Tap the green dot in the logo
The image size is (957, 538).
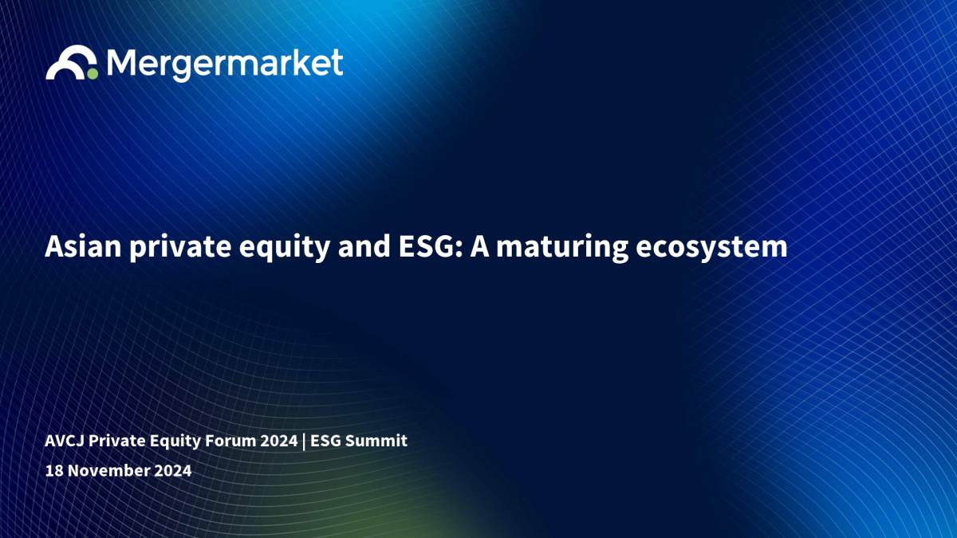pyautogui.click(x=93, y=74)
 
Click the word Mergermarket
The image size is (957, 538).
pyautogui.click(x=225, y=65)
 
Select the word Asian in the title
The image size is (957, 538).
pyautogui.click(x=83, y=246)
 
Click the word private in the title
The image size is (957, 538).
pyautogui.click(x=180, y=248)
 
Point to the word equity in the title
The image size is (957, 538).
pyautogui.click(x=285, y=248)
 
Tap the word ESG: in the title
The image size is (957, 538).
pyautogui.click(x=431, y=246)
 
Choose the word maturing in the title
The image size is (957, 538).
pyautogui.click(x=562, y=248)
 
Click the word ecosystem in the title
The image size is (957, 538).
pyautogui.click(x=711, y=248)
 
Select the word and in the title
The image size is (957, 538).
pyautogui.click(x=364, y=246)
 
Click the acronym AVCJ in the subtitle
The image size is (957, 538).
pyautogui.click(x=65, y=441)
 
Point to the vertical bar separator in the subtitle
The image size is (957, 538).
pyautogui.click(x=304, y=442)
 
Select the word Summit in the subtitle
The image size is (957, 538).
pyautogui.click(x=376, y=441)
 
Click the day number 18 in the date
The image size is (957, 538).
pyautogui.click(x=54, y=470)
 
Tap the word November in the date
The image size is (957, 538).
pyautogui.click(x=109, y=470)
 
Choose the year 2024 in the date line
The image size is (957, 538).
pyautogui.click(x=172, y=470)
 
